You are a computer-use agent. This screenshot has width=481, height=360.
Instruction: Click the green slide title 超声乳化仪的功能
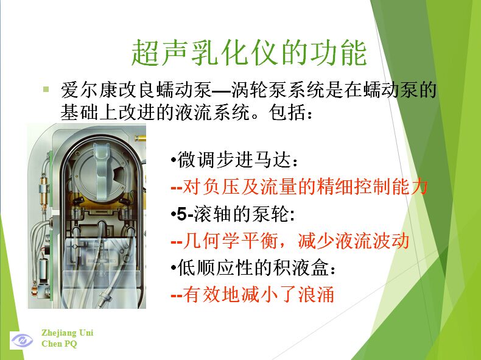[249, 52]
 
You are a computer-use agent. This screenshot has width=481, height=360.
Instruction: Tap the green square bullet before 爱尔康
[46, 90]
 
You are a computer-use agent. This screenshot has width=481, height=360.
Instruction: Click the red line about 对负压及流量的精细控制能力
[300, 186]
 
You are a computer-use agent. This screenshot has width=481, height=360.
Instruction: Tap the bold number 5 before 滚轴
[181, 214]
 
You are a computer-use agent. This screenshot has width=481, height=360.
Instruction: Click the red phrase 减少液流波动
[353, 241]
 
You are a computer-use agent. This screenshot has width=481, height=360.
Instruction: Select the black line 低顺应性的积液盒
[253, 267]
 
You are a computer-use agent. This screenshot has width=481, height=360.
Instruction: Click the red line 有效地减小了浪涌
[253, 294]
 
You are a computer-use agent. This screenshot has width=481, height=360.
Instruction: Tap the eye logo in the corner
[22, 341]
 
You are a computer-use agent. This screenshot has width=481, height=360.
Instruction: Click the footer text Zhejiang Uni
[68, 333]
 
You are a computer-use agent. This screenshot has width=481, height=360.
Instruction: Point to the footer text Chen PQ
[59, 344]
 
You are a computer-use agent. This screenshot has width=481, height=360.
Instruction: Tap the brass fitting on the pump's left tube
[44, 187]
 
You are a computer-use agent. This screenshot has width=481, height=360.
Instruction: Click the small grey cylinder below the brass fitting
[43, 269]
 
